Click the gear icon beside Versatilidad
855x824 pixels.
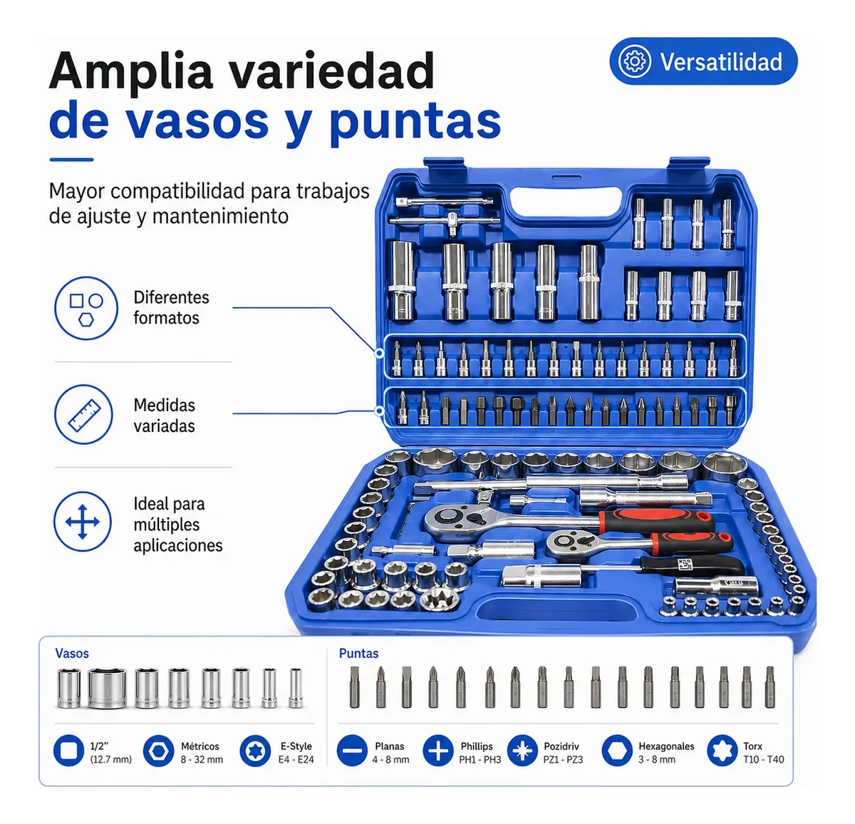pyautogui.click(x=634, y=61)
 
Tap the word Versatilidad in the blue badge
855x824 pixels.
pyautogui.click(x=721, y=61)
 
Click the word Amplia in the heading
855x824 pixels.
pyautogui.click(x=131, y=71)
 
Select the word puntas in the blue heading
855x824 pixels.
pyautogui.click(x=415, y=122)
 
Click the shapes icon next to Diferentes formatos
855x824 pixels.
pyautogui.click(x=86, y=308)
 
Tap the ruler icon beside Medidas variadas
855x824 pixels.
pyautogui.click(x=84, y=414)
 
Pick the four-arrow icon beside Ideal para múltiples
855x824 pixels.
pyautogui.click(x=83, y=522)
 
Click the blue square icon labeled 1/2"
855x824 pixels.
pyautogui.click(x=68, y=751)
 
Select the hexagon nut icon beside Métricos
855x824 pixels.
pyautogui.click(x=159, y=751)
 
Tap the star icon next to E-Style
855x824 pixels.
pyautogui.click(x=255, y=751)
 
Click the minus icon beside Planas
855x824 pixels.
pyautogui.click(x=353, y=751)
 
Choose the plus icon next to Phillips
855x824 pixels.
pyautogui.click(x=438, y=751)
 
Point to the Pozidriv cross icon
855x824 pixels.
pyautogui.click(x=522, y=751)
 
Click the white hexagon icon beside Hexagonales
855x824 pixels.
pyautogui.click(x=617, y=751)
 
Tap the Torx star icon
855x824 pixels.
pyautogui.click(x=722, y=751)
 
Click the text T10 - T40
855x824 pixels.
pyautogui.click(x=764, y=759)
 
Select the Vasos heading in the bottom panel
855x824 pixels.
pyautogui.click(x=72, y=654)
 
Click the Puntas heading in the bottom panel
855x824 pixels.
pyautogui.click(x=358, y=654)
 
